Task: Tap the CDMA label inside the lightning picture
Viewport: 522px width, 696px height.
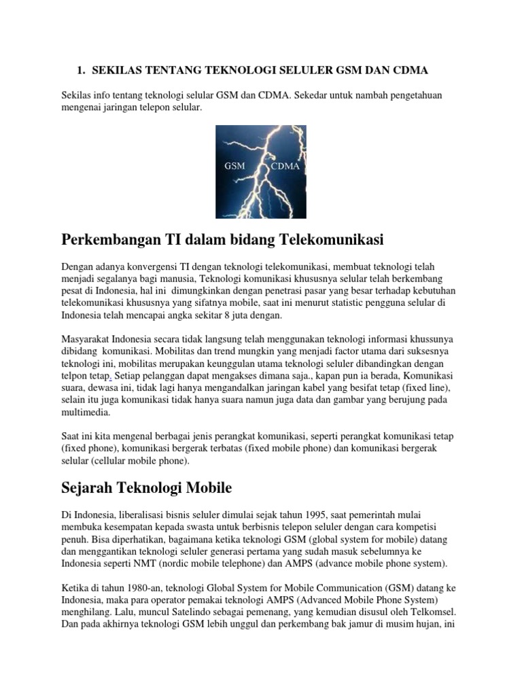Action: click(x=285, y=166)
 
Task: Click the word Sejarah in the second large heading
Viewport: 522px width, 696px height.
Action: click(x=87, y=487)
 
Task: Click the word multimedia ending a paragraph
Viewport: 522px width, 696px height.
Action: click(x=86, y=412)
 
